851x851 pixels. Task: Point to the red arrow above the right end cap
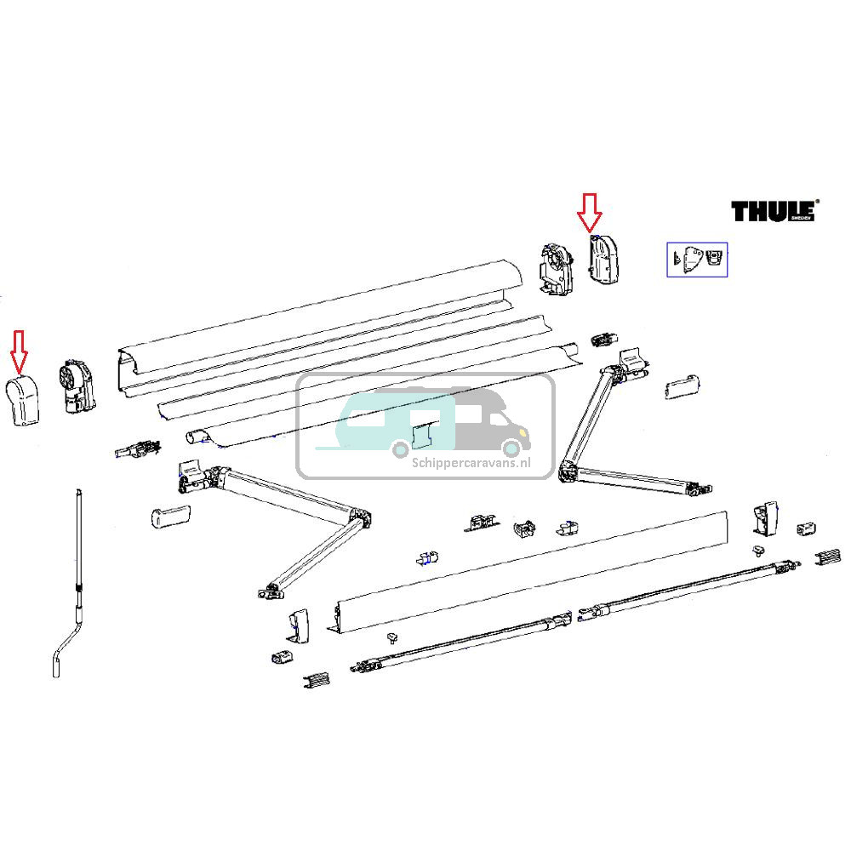(588, 213)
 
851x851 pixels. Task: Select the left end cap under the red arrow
(27, 398)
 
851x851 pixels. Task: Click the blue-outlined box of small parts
(696, 260)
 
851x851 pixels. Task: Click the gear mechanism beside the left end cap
(76, 388)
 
